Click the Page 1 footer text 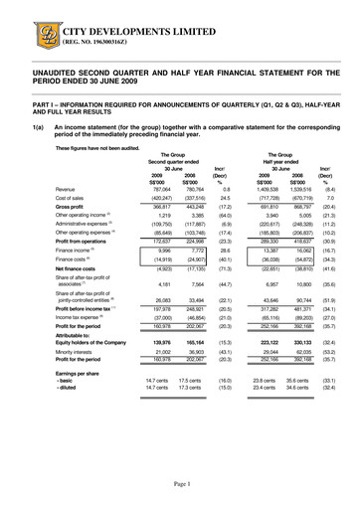point(179,482)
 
